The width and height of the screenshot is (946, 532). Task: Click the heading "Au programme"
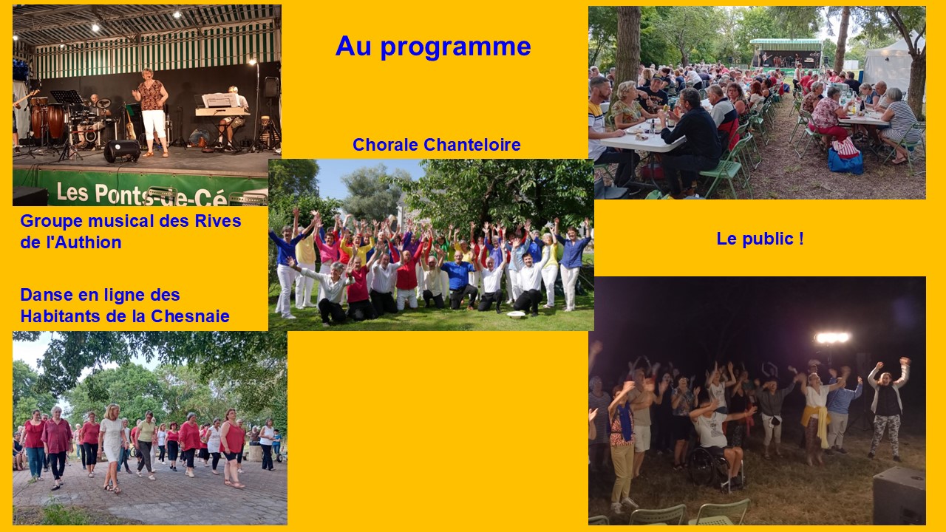(433, 47)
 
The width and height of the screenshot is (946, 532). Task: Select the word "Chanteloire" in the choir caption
(472, 145)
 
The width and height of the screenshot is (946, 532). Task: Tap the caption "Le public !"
(760, 239)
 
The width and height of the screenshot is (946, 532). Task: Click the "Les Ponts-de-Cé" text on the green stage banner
(142, 194)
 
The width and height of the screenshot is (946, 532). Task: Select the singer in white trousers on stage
(152, 112)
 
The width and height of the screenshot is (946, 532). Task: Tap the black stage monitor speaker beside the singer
(122, 151)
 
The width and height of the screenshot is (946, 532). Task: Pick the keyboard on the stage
(222, 112)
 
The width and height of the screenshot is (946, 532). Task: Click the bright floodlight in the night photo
(832, 338)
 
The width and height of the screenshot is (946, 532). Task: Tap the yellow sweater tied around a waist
(817, 421)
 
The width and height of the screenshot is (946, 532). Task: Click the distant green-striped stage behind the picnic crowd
(786, 54)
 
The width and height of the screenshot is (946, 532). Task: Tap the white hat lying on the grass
(516, 314)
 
